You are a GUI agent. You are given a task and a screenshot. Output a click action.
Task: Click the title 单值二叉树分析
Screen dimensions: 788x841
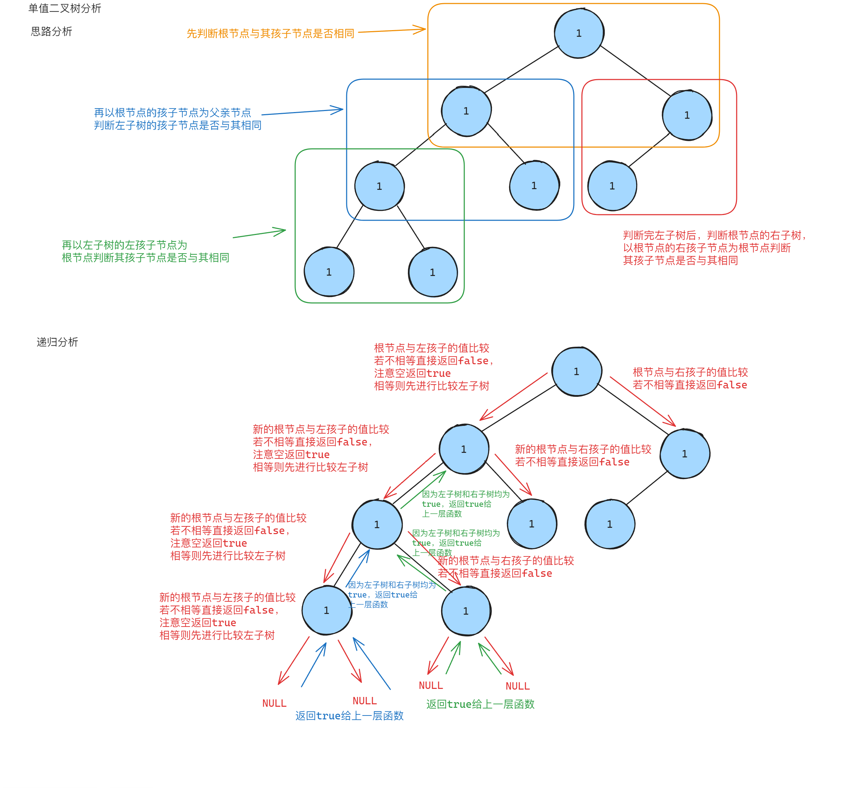click(x=65, y=8)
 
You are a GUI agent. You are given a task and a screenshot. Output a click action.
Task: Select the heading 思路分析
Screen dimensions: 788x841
click(x=51, y=31)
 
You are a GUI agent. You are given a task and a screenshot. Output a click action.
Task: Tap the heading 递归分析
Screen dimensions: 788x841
click(x=57, y=342)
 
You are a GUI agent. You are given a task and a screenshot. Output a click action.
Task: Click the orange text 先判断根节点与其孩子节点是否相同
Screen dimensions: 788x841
click(x=270, y=33)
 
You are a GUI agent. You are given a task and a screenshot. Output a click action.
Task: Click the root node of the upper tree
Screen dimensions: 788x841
click(x=579, y=33)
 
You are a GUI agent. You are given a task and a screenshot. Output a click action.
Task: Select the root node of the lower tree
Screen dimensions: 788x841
click(x=576, y=372)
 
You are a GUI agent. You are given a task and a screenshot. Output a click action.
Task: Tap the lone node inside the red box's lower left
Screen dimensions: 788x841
click(x=612, y=186)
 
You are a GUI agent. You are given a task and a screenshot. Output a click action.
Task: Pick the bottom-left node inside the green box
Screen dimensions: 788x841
click(x=329, y=272)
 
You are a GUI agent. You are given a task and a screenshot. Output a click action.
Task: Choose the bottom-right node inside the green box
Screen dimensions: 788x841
click(x=432, y=272)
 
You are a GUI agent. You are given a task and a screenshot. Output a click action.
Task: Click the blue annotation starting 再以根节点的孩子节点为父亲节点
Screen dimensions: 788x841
click(x=177, y=119)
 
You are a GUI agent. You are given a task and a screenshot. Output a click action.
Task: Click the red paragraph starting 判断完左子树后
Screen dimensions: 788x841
click(x=714, y=248)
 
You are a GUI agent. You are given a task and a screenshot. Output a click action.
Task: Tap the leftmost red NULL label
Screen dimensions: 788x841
click(x=274, y=703)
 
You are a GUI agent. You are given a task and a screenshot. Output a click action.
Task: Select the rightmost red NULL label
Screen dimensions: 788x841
click(x=517, y=686)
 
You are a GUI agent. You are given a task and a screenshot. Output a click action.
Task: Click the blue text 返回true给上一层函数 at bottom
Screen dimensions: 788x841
click(x=349, y=716)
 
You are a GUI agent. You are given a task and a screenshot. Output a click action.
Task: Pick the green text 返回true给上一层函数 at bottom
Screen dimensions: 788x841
click(x=480, y=704)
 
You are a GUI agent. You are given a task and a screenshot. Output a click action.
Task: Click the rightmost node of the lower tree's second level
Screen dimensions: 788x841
click(x=684, y=454)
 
